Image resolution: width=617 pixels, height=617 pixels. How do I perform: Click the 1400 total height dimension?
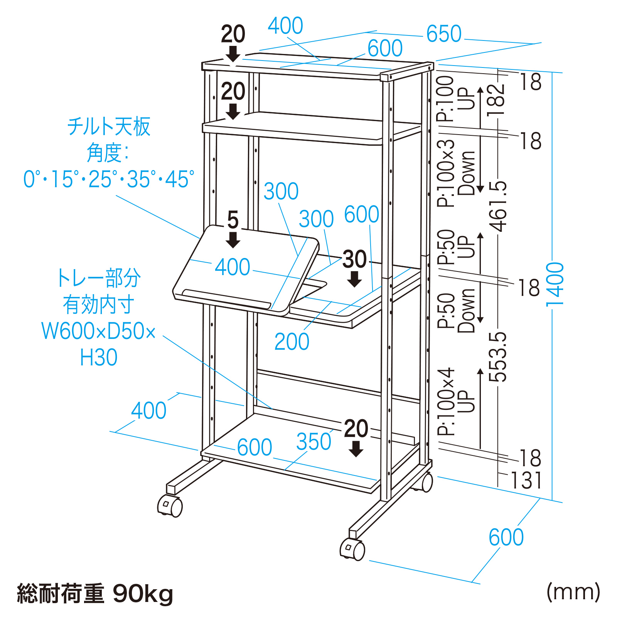pos(555,285)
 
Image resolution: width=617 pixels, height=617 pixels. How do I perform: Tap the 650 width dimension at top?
pos(444,34)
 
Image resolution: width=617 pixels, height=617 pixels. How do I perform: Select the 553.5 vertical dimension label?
pos(498,357)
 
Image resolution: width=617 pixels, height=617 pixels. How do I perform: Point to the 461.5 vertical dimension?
pos(498,206)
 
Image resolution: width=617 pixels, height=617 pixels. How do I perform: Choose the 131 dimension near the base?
pos(526,480)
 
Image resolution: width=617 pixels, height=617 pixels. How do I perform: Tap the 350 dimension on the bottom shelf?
pos(314,442)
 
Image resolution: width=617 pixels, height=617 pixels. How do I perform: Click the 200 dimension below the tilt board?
pos(292,342)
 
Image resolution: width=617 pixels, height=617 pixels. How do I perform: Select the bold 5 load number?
pos(233,220)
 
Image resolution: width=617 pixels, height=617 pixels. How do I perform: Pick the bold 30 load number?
pos(354,259)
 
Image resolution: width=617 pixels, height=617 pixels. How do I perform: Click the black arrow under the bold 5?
pos(233,239)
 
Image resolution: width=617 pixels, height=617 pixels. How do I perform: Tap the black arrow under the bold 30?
pos(354,279)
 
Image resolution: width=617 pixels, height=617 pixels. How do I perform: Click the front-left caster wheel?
pos(170,506)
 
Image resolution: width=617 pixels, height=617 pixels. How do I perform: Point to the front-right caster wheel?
pos(352,549)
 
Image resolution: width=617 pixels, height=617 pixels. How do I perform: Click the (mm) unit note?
pos(573,592)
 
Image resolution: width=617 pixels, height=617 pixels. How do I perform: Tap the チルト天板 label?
pos(109,126)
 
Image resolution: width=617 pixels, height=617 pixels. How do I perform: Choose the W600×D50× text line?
pos(99,331)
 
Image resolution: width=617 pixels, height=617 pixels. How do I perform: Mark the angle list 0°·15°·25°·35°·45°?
pos(109,179)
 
